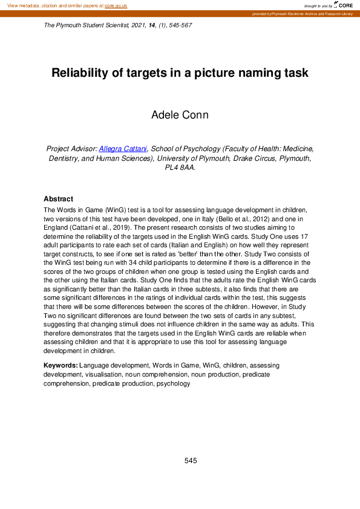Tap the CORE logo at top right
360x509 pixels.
(x=342, y=5)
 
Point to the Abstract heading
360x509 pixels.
(x=58, y=199)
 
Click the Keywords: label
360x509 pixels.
(x=61, y=366)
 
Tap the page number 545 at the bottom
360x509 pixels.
(x=191, y=461)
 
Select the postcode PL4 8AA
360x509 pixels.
(x=180, y=169)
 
